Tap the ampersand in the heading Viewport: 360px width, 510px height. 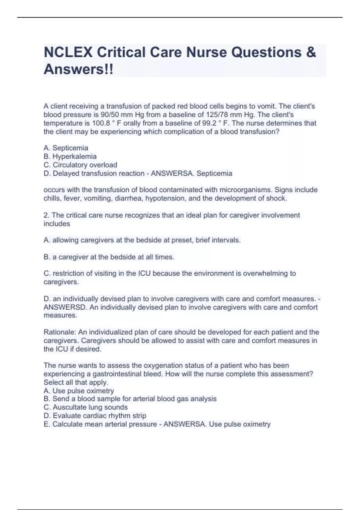311,52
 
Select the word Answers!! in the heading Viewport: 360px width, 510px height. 79,69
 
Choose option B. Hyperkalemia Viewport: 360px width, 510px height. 70,156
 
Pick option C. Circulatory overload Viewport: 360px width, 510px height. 80,165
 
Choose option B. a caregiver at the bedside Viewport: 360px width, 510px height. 109,257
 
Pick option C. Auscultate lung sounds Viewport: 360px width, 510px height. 86,407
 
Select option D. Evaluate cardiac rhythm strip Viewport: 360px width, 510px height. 95,415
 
